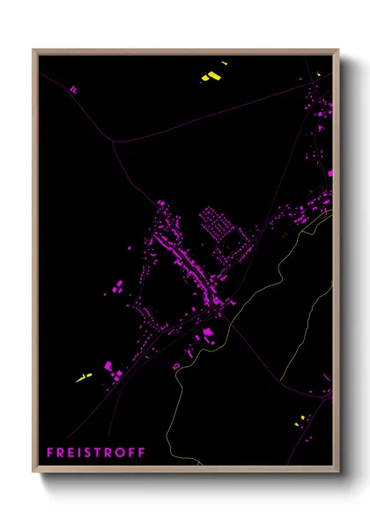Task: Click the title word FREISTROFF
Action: pyautogui.click(x=96, y=453)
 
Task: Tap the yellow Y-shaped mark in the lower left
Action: pyautogui.click(x=85, y=377)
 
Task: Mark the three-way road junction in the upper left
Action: pyautogui.click(x=113, y=139)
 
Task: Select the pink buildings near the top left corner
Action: pyautogui.click(x=73, y=89)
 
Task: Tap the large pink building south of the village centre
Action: pyautogui.click(x=209, y=332)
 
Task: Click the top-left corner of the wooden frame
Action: pyautogui.click(x=33, y=49)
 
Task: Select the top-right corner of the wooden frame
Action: pyautogui.click(x=339, y=49)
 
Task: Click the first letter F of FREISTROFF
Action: pyautogui.click(x=49, y=453)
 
